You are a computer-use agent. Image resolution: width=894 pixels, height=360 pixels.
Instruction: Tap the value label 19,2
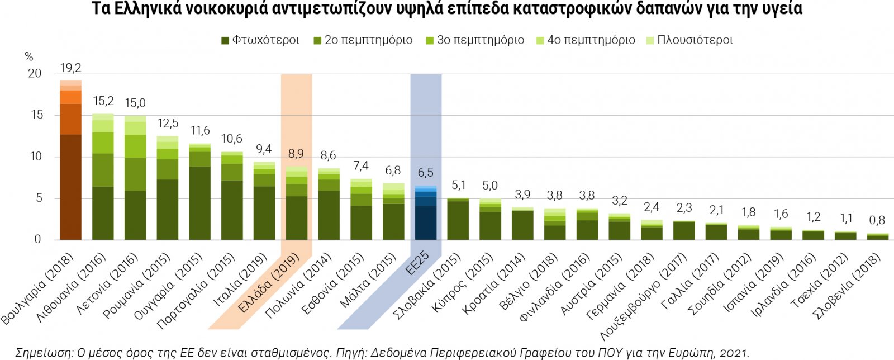[x=71, y=68]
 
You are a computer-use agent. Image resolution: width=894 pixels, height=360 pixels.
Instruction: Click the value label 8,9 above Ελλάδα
[x=296, y=154]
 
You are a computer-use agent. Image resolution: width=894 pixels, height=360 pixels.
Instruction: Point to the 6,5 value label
[x=426, y=173]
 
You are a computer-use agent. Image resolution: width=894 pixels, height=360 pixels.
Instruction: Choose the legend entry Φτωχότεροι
[x=260, y=40]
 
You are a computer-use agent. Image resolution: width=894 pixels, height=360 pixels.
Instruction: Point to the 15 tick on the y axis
[x=37, y=115]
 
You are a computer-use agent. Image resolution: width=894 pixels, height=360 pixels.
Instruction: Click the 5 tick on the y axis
[x=38, y=198]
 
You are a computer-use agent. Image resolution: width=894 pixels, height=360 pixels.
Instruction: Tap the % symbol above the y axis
[x=29, y=57]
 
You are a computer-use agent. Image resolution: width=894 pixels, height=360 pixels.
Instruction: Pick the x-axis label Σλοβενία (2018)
[x=847, y=285]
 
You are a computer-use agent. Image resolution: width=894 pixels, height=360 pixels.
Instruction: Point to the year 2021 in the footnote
[x=733, y=353]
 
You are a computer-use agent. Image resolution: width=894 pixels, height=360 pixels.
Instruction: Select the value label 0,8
[x=877, y=220]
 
